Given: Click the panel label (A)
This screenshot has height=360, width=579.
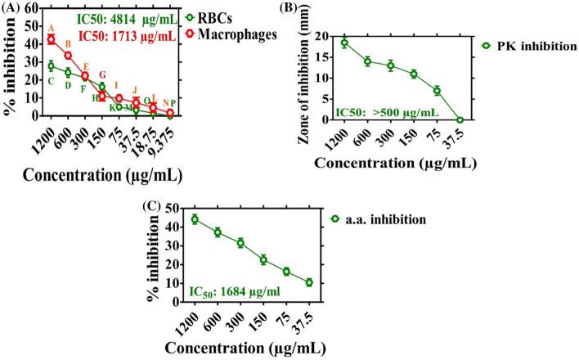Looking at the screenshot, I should [11, 8].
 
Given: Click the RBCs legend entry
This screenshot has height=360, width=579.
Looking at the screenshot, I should [209, 16].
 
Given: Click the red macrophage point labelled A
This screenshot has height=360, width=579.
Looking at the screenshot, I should [51, 39].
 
